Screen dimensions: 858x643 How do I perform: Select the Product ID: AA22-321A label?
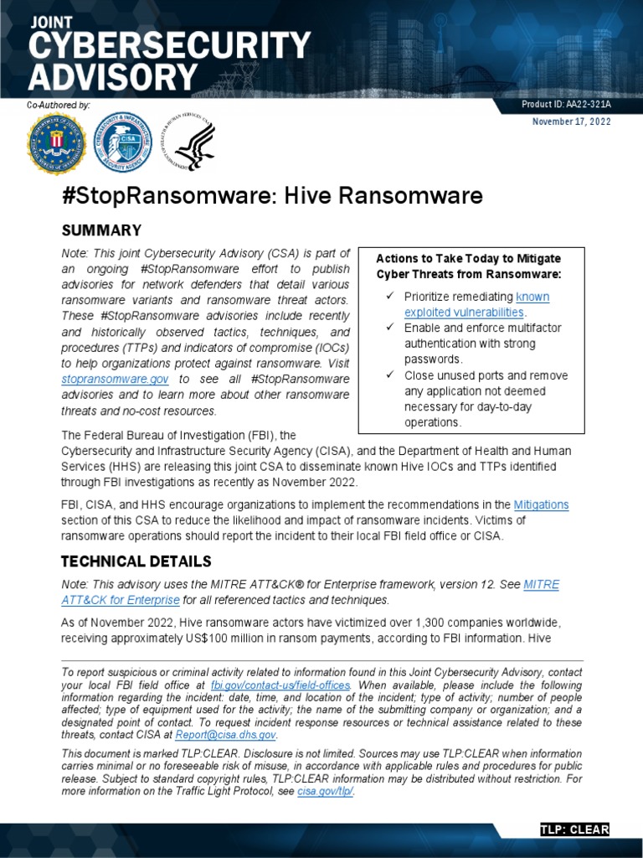pyautogui.click(x=566, y=105)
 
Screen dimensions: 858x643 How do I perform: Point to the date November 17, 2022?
pyautogui.click(x=572, y=121)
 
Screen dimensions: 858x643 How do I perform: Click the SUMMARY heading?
pyautogui.click(x=101, y=230)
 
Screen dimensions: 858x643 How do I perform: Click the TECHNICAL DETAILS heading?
pyautogui.click(x=136, y=561)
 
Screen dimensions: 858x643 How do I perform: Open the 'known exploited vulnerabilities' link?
pyautogui.click(x=476, y=305)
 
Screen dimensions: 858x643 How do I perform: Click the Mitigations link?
pyautogui.click(x=541, y=504)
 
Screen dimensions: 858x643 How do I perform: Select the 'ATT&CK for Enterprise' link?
pyautogui.click(x=121, y=600)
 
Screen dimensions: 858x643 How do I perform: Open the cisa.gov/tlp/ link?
pyautogui.click(x=326, y=792)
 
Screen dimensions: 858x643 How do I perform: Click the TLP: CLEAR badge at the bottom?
pyautogui.click(x=574, y=830)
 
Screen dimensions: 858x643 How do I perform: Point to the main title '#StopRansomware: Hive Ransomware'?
pyautogui.click(x=272, y=196)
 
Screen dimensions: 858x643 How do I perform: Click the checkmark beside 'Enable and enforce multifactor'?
pyautogui.click(x=389, y=328)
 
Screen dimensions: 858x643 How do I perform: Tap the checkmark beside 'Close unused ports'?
pyautogui.click(x=389, y=375)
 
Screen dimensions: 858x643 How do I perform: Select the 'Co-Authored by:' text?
pyautogui.click(x=59, y=105)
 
